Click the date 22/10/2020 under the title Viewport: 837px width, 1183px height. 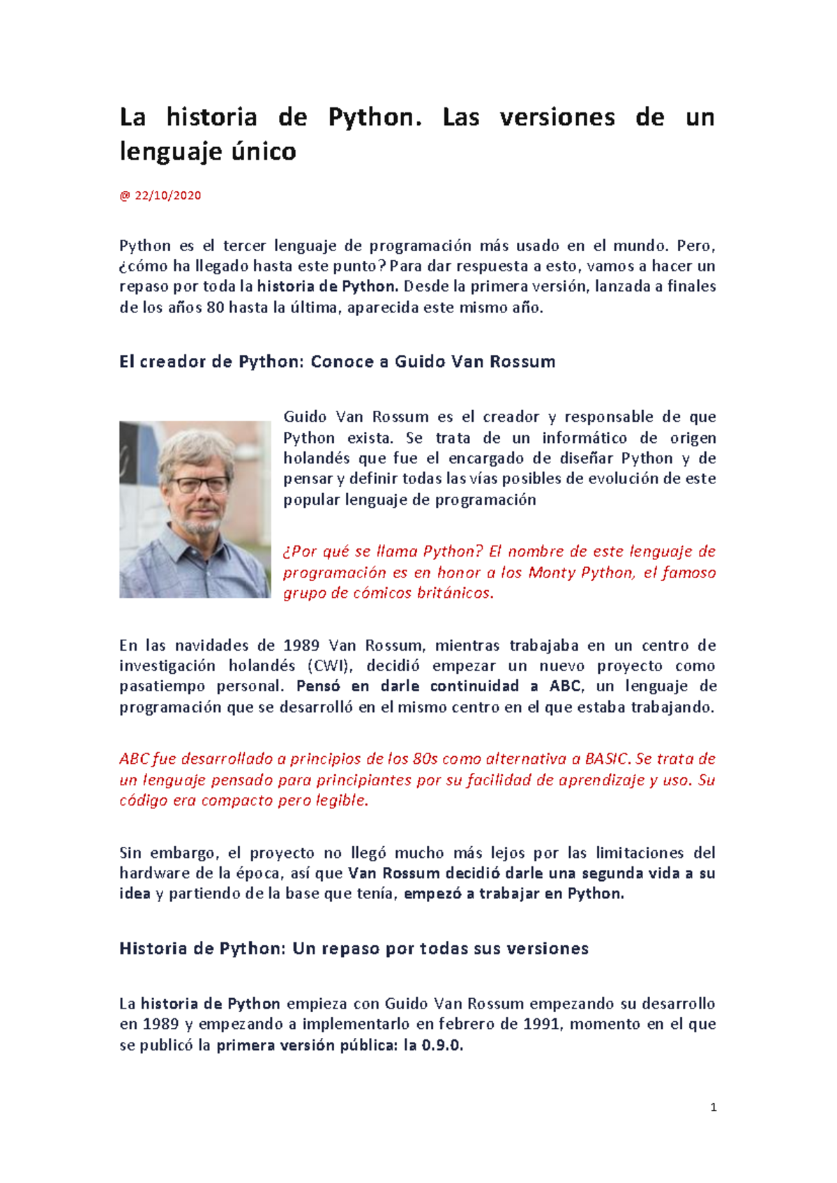[x=167, y=196]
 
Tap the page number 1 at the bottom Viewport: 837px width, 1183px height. [x=713, y=1107]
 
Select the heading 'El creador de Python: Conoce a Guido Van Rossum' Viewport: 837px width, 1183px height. [x=337, y=361]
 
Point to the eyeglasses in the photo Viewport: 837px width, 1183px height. [x=200, y=484]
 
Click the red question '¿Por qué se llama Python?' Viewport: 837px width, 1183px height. [x=382, y=552]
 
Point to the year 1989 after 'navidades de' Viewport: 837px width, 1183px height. [x=301, y=645]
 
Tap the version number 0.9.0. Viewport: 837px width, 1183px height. [x=442, y=1046]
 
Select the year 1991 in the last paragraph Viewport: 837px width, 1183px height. [x=541, y=1025]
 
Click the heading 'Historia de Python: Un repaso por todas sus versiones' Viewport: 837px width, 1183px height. [x=354, y=949]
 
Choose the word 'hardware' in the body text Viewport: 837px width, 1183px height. [x=154, y=873]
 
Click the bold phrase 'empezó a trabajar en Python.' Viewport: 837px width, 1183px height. [x=514, y=894]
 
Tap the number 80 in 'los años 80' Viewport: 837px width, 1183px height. [x=215, y=308]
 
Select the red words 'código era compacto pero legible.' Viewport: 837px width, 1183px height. [x=243, y=801]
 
